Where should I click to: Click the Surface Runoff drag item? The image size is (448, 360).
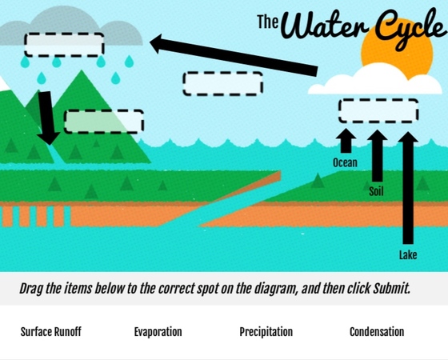51,332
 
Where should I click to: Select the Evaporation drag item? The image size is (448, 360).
158,332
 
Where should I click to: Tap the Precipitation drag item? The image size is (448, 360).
266,332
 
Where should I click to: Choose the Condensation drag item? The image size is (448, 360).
377,332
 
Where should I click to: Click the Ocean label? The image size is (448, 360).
345,162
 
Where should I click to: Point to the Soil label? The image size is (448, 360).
376,191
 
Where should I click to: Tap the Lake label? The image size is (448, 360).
408,255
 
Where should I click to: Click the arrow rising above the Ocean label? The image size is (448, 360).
346,141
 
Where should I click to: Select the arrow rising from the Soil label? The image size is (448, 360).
377,155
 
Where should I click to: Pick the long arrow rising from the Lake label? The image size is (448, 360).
408,188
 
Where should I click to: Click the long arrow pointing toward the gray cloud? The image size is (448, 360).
234,55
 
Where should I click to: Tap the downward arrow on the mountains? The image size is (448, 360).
47,118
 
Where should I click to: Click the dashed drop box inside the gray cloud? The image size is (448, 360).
64,45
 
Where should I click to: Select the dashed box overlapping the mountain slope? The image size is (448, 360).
104,122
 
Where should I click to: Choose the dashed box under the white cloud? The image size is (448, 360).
378,111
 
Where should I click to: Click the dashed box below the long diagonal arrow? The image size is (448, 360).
223,83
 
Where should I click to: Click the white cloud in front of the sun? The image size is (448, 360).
374,79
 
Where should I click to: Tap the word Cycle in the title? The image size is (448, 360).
410,29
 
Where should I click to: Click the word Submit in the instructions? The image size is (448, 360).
391,289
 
